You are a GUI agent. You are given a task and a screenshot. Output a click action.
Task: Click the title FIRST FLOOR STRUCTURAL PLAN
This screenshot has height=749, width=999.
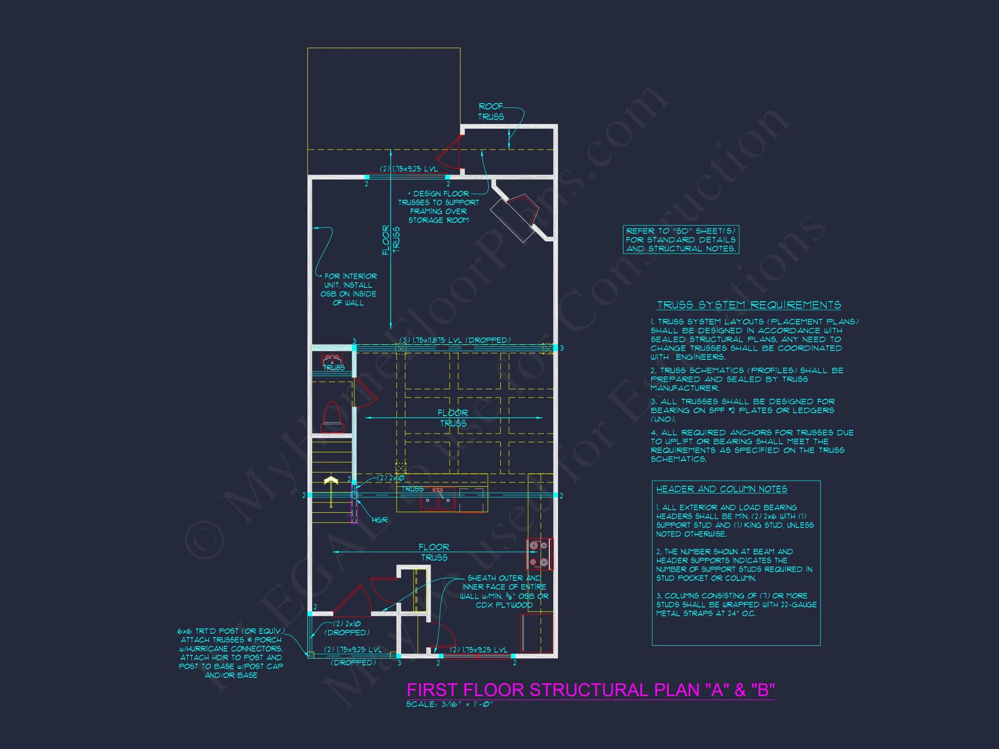[590, 690]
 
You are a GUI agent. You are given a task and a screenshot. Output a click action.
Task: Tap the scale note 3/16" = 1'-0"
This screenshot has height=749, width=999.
[449, 704]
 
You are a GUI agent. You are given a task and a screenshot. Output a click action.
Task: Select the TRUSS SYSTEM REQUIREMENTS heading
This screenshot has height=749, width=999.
[748, 305]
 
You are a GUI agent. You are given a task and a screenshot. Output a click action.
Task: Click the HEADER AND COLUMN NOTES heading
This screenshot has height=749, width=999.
[721, 489]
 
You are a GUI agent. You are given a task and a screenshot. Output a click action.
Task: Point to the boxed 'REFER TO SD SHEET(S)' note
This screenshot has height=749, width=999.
[681, 240]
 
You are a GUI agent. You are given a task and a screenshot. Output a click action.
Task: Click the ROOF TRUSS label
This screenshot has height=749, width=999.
[491, 111]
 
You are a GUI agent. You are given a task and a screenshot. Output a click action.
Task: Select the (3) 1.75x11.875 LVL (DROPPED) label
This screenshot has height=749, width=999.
[455, 340]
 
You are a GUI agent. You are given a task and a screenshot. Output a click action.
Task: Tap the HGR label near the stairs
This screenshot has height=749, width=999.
[379, 520]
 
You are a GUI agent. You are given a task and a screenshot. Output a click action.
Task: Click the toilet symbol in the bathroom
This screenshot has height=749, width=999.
[332, 417]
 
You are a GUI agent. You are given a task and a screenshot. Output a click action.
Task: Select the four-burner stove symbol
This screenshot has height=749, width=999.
[539, 554]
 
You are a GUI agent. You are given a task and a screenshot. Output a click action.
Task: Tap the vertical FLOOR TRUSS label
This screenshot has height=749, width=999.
[391, 240]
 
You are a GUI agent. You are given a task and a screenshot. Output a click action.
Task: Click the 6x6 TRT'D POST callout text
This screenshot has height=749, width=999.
[231, 653]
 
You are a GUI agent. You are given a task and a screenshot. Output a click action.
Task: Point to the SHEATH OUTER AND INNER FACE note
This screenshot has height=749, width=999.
[504, 591]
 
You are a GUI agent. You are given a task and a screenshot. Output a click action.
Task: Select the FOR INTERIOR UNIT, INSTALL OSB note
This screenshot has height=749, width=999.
[348, 290]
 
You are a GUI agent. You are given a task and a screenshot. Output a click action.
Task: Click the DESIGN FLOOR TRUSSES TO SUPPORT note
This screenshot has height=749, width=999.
[438, 207]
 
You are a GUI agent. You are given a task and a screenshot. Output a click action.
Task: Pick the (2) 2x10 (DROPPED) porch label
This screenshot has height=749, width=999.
[347, 628]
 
